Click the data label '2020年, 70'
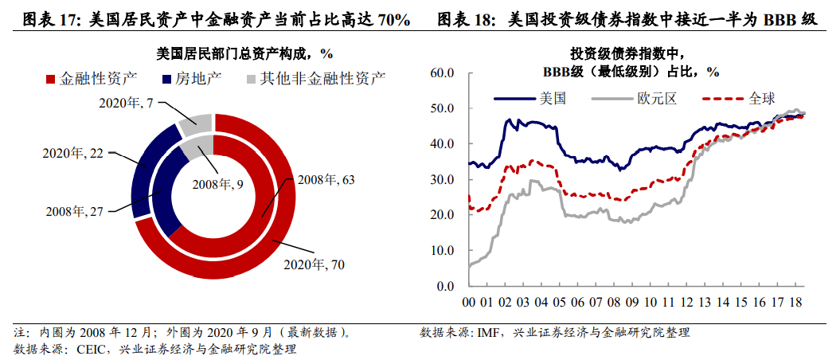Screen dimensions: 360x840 click(x=314, y=264)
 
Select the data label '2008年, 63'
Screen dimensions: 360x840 click(x=326, y=180)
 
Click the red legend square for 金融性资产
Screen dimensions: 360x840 click(x=50, y=80)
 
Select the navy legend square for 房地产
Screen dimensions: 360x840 click(x=166, y=80)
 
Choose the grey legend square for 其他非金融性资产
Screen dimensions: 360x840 click(x=251, y=80)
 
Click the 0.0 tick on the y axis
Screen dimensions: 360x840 click(x=443, y=286)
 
